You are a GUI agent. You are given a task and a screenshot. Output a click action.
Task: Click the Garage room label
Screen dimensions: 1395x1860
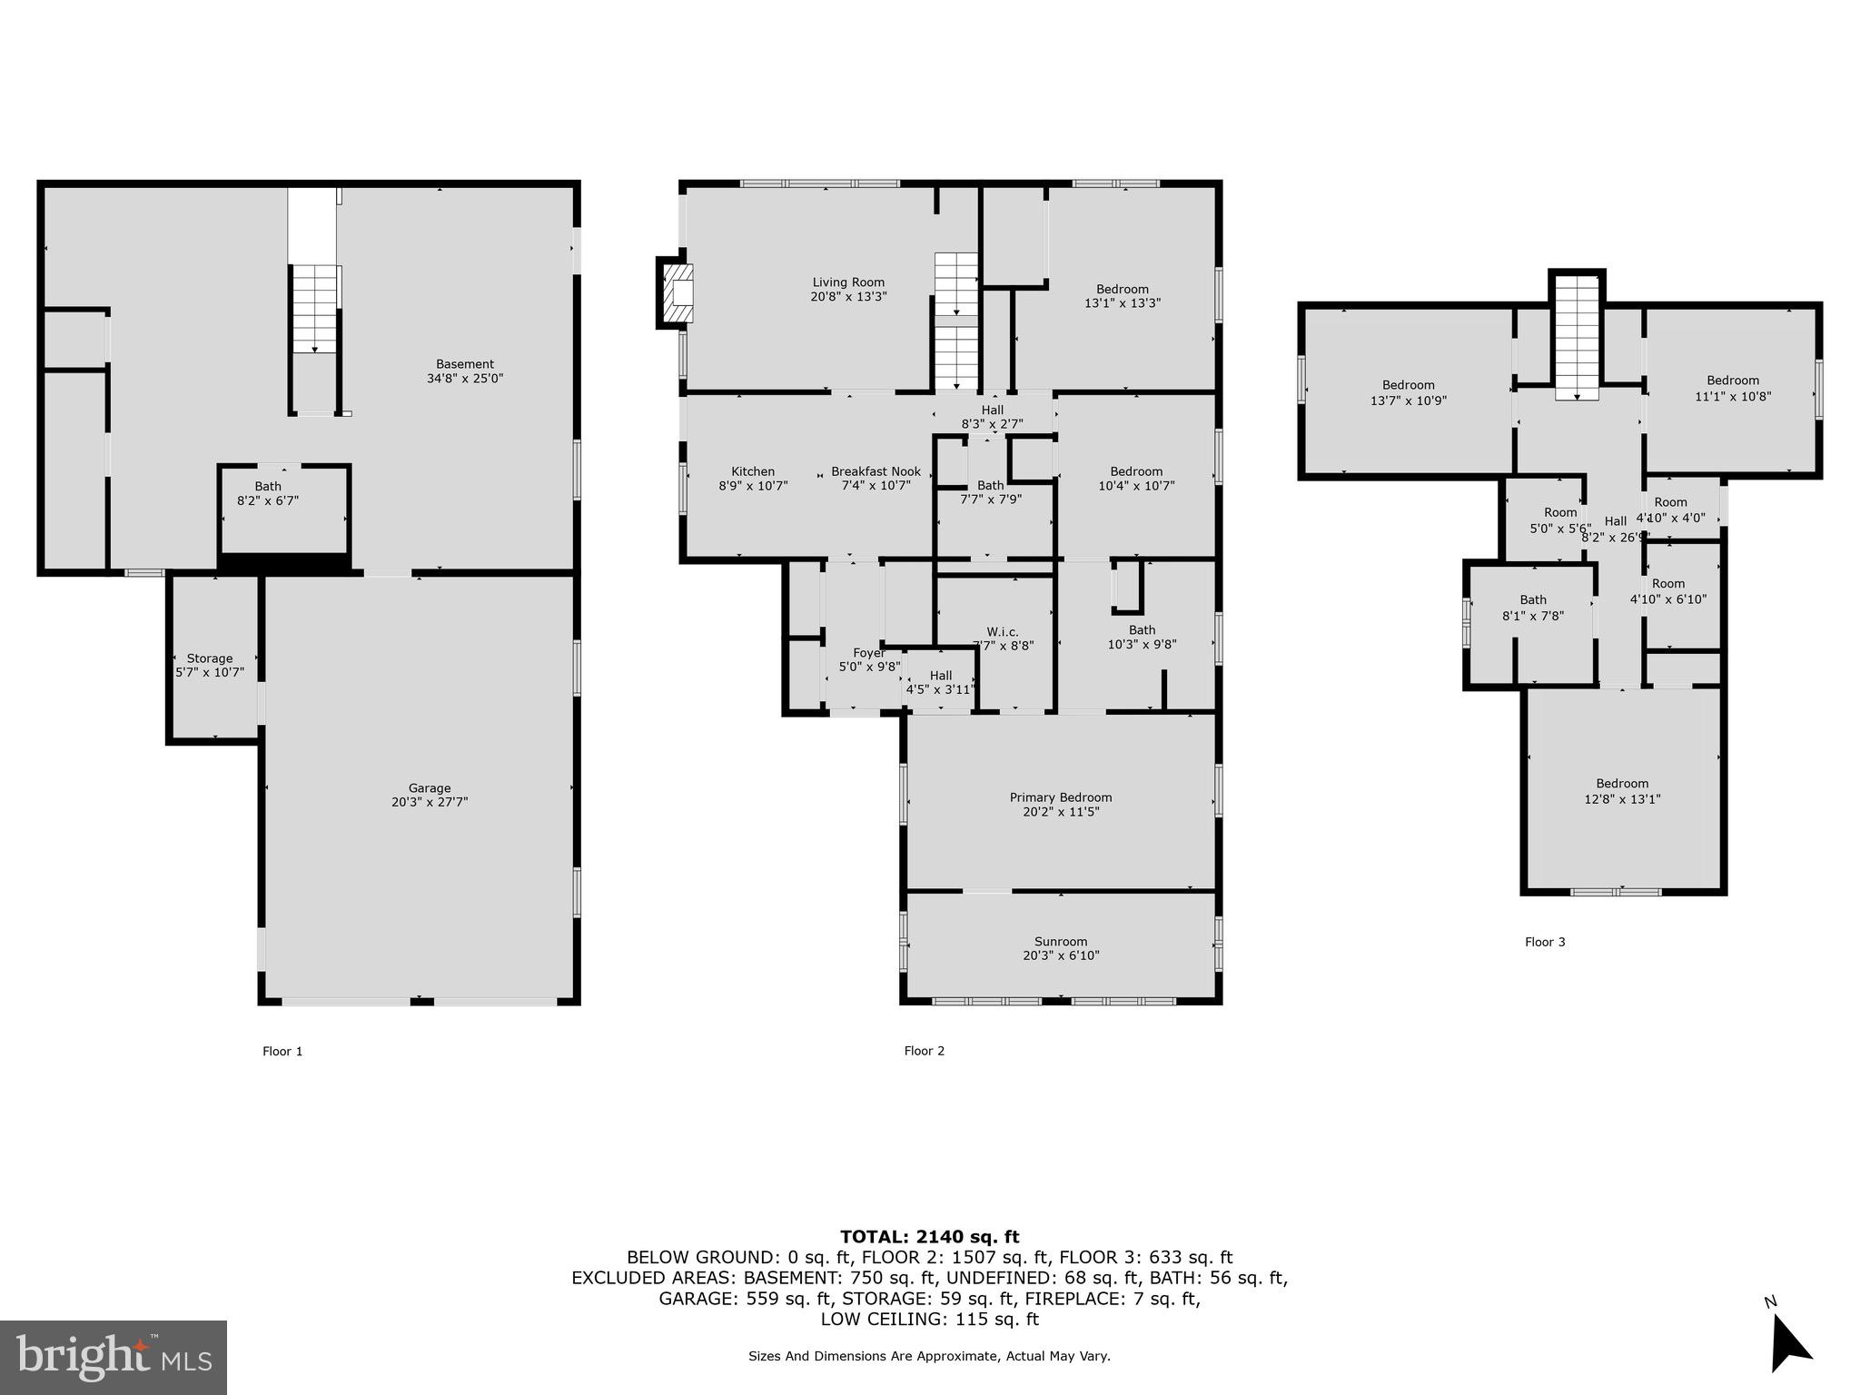point(429,788)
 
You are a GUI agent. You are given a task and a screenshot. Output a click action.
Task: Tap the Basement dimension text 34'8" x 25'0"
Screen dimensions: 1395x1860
point(465,379)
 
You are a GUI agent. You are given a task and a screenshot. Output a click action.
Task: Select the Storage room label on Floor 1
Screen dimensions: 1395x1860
point(210,658)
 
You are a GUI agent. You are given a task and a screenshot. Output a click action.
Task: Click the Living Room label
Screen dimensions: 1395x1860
point(848,282)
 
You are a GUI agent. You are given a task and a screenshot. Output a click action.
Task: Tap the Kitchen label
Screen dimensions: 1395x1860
point(753,471)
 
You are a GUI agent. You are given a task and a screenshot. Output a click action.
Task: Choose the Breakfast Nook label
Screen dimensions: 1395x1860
point(876,471)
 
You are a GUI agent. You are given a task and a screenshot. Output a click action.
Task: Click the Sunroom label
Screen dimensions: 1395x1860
point(1060,942)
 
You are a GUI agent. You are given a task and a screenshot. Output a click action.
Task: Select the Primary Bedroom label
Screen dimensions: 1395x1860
point(1060,797)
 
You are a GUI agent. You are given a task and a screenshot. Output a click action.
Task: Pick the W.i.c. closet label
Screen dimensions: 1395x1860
point(1002,632)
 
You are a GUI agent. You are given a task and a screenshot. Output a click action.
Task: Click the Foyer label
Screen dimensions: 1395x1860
point(868,653)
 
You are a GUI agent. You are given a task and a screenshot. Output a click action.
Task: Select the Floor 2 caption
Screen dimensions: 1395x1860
point(924,1051)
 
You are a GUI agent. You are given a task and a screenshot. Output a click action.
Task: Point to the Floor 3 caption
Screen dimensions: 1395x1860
point(1544,942)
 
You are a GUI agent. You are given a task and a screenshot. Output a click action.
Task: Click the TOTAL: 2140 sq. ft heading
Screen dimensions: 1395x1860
point(929,1236)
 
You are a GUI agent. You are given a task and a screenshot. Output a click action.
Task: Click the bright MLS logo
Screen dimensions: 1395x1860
point(114,1357)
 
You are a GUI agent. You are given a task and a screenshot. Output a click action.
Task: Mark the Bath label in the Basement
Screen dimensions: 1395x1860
point(268,487)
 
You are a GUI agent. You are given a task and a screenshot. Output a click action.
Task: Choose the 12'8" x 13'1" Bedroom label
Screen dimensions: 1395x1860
point(1622,784)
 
